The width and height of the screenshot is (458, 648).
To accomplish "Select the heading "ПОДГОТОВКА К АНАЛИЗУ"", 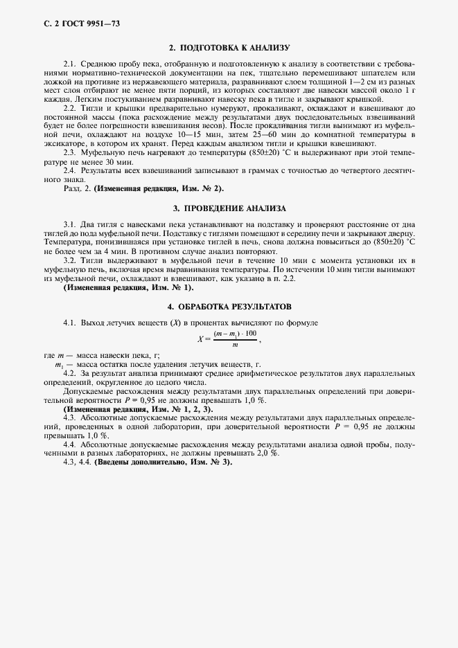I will click(x=234, y=48).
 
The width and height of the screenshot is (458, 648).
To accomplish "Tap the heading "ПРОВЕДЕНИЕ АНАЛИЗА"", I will click(x=234, y=208).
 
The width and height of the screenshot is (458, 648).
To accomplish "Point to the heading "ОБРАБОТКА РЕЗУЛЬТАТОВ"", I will click(x=234, y=305).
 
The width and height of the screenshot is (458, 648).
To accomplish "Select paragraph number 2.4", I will click(x=69, y=170).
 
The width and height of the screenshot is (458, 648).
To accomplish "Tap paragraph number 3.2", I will click(x=69, y=260).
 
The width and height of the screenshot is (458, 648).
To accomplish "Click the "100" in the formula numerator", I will click(x=249, y=334).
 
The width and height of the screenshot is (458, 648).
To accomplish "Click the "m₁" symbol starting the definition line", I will click(x=59, y=364).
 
